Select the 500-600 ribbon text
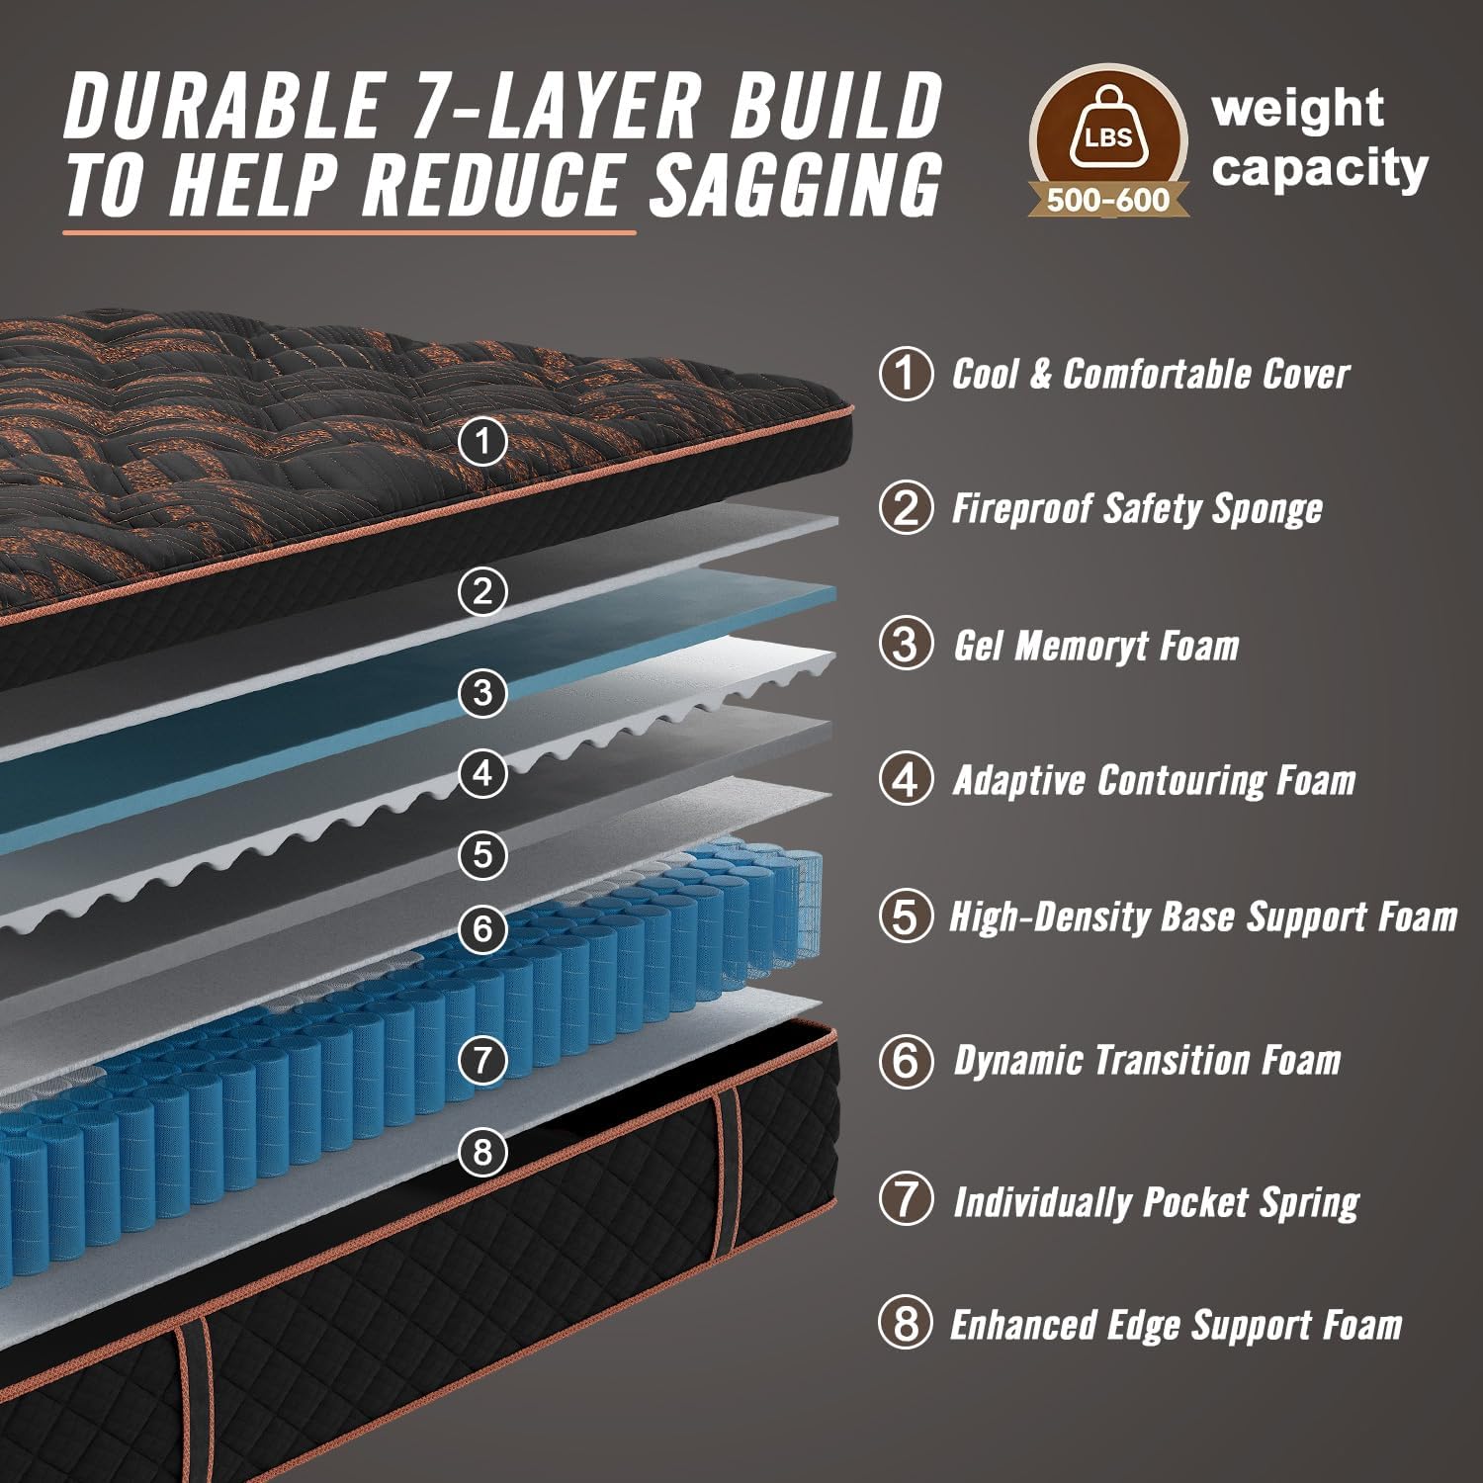pyautogui.click(x=1107, y=201)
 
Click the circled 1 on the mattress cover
pyautogui.click(x=482, y=441)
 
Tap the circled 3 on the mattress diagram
pyautogui.click(x=482, y=692)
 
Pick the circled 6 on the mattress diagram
pyautogui.click(x=482, y=928)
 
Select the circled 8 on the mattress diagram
pyautogui.click(x=482, y=1151)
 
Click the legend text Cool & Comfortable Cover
pyautogui.click(x=1150, y=375)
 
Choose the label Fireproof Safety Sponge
pyautogui.click(x=1137, y=509)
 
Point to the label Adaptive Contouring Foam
pyautogui.click(x=1154, y=781)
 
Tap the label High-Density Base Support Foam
pyautogui.click(x=1203, y=917)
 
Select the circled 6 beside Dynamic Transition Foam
pyautogui.click(x=906, y=1062)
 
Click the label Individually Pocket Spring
pyautogui.click(x=1156, y=1203)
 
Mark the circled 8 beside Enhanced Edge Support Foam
pyautogui.click(x=906, y=1325)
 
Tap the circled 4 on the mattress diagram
pyautogui.click(x=482, y=772)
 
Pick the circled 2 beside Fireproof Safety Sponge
pyautogui.click(x=906, y=509)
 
